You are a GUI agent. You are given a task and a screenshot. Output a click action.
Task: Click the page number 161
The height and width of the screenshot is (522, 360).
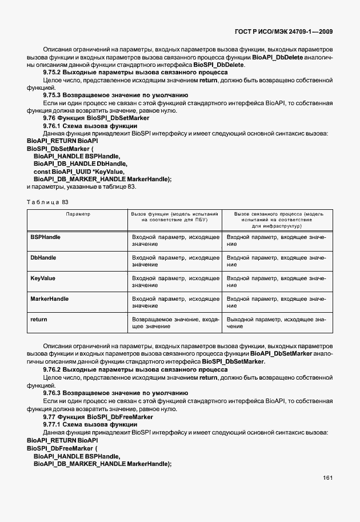pos(327,478)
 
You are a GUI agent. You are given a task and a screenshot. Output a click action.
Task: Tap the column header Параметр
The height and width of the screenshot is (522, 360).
pos(78,214)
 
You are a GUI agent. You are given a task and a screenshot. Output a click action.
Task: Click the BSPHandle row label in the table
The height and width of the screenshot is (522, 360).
pos(45,237)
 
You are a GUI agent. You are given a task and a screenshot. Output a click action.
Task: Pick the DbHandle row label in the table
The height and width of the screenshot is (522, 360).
pos(43,258)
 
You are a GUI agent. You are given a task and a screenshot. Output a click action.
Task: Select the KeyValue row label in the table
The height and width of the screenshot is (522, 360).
pos(42,278)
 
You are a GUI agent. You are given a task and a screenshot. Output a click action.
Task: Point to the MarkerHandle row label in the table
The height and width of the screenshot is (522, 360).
pos(49,299)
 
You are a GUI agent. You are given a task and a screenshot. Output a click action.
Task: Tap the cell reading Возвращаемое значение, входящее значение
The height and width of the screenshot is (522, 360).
pos(175,323)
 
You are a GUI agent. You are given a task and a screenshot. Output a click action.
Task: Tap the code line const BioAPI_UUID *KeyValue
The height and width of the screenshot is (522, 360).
pos(78,171)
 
